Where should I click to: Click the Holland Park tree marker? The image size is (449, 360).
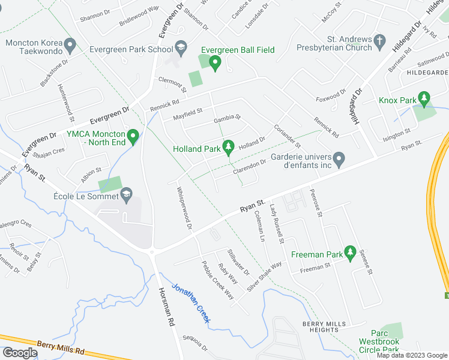[x=228, y=146]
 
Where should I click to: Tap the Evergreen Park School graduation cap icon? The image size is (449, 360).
[x=181, y=49]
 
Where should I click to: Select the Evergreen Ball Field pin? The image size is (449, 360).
[x=214, y=62]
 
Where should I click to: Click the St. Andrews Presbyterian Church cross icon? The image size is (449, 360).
[x=379, y=41]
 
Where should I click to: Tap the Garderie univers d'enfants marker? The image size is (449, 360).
[x=339, y=159]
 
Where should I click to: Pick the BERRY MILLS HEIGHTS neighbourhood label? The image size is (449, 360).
[x=325, y=327]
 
